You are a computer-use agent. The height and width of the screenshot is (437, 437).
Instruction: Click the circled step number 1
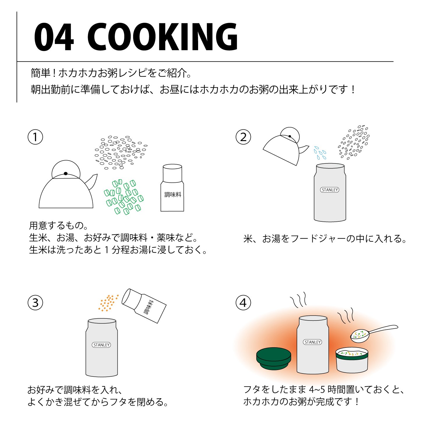(x=35, y=137)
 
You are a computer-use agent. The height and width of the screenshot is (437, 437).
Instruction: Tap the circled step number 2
(x=243, y=137)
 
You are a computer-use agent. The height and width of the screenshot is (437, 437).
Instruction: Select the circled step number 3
(x=35, y=303)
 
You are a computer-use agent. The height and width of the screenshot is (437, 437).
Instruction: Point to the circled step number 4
(x=243, y=303)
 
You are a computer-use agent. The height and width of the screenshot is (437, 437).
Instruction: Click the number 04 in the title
(x=54, y=37)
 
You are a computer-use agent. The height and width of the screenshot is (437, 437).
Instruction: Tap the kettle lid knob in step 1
(x=66, y=174)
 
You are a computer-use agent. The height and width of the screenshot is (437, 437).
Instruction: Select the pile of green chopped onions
(x=124, y=197)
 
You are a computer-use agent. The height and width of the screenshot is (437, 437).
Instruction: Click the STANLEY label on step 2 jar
(x=330, y=190)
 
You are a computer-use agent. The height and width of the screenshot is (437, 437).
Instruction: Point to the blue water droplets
(x=320, y=153)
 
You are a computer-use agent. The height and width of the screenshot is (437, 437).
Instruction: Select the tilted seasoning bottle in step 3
(x=144, y=306)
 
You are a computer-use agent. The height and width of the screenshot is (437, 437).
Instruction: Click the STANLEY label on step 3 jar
(x=101, y=345)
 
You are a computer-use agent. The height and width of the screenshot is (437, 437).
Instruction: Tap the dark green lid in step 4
(x=274, y=359)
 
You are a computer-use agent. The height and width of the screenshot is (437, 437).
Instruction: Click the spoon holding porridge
(x=374, y=333)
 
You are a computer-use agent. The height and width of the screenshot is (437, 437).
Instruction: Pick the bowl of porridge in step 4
(x=352, y=360)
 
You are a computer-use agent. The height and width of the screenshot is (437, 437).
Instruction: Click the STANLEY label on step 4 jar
(x=313, y=342)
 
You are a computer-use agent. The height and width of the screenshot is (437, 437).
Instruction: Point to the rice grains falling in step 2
(x=354, y=142)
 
